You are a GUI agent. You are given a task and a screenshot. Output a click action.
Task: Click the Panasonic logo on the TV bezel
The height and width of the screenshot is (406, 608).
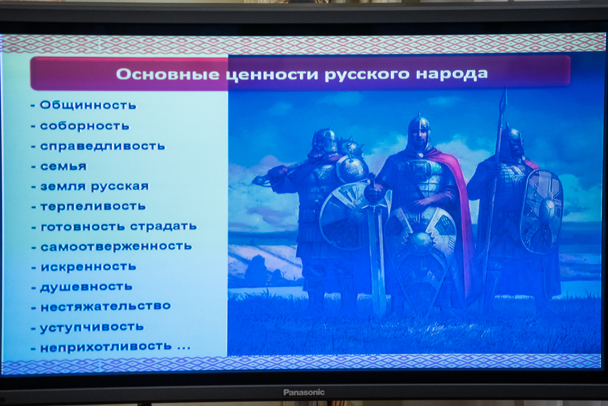[x=304, y=392]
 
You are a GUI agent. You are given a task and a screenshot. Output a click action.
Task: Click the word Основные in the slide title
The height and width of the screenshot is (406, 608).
[x=168, y=74]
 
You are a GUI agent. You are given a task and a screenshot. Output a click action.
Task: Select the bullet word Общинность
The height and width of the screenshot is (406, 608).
[x=88, y=105]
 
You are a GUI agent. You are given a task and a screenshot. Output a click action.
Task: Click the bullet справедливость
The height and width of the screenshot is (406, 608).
[x=103, y=146]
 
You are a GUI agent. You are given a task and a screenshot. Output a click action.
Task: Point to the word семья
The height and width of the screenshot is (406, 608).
[x=64, y=166]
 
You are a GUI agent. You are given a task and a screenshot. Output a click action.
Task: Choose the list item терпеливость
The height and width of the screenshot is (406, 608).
[x=93, y=206]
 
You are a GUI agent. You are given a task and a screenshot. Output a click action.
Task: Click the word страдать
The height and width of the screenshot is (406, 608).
[x=164, y=226]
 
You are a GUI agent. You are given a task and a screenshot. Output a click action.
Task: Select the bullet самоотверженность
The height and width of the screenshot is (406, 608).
[x=116, y=246]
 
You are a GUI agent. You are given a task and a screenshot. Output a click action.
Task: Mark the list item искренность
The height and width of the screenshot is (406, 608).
[x=88, y=267]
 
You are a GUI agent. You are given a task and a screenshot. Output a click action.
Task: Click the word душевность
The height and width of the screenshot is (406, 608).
[x=86, y=287]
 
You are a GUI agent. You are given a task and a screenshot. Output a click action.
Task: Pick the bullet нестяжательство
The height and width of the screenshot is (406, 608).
[x=105, y=306]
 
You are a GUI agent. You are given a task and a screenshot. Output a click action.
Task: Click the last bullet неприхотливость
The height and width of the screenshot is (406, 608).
[x=106, y=347]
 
